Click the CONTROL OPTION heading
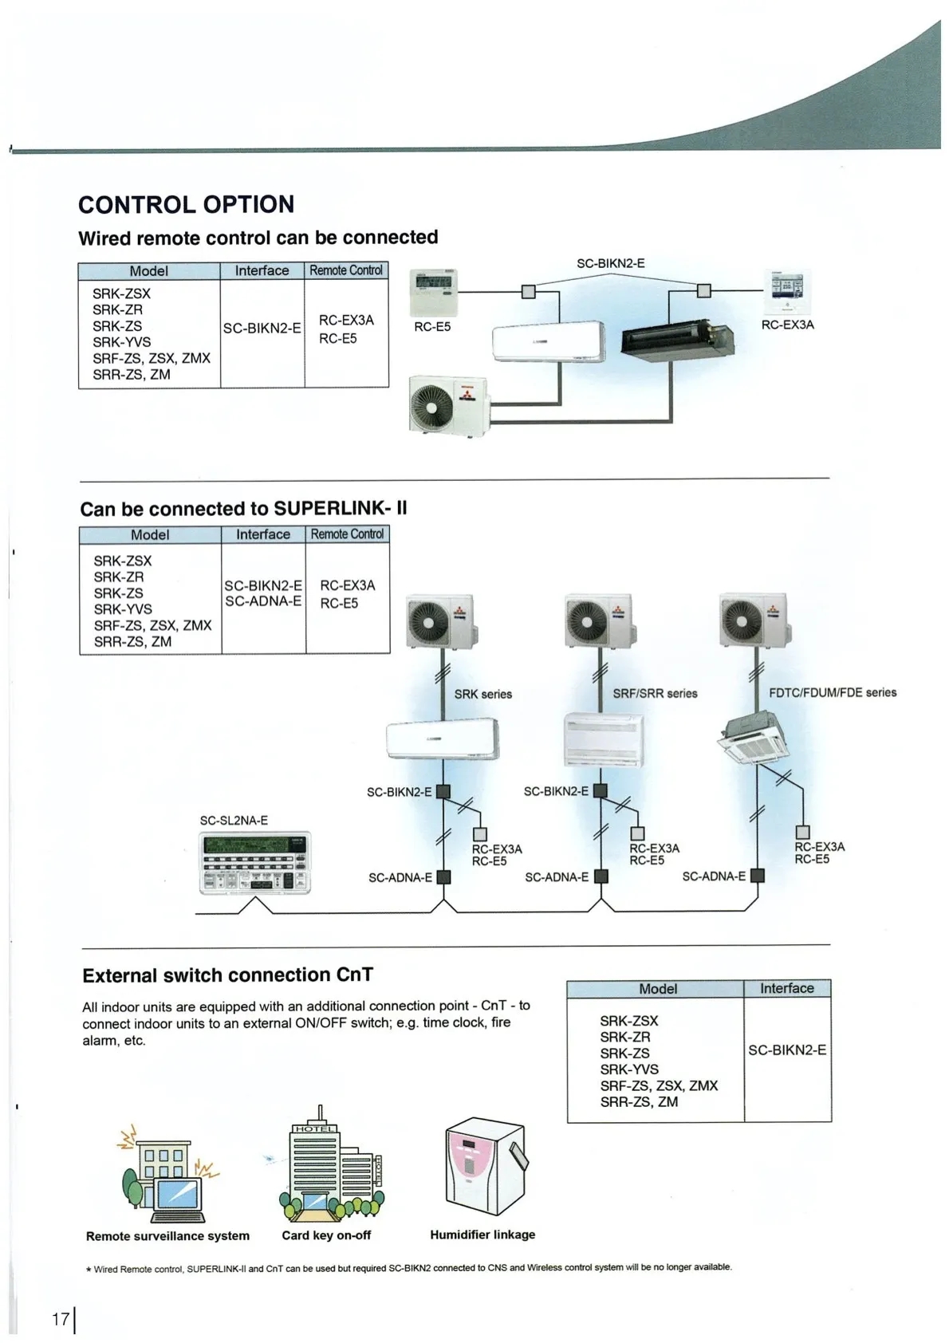(x=186, y=204)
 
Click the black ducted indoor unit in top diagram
(x=677, y=338)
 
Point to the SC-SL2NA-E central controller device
(x=254, y=862)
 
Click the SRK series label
(x=482, y=694)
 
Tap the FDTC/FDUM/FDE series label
(x=832, y=692)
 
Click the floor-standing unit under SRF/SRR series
(x=603, y=738)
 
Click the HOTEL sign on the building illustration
(x=315, y=1128)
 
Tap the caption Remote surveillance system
(x=167, y=1235)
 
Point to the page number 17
(x=61, y=1319)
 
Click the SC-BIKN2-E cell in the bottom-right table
(x=786, y=1050)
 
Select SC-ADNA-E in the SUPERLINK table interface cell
(x=263, y=601)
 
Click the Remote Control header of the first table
(x=346, y=270)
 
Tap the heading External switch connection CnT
(x=227, y=975)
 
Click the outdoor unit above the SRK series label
(x=439, y=620)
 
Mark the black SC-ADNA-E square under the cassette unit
(x=758, y=876)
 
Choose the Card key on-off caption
(x=326, y=1235)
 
